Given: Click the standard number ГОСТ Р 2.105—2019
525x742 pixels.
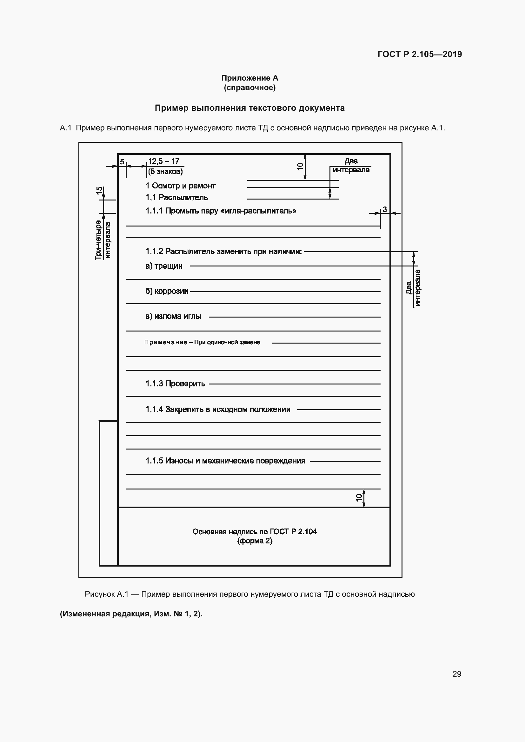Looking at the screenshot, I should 419,54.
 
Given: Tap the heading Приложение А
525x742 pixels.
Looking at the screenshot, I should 249,78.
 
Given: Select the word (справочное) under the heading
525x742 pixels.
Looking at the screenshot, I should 249,88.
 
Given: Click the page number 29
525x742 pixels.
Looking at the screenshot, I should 456,674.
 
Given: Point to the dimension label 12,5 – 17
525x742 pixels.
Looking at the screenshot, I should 163,161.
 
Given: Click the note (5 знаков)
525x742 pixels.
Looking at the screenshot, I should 165,171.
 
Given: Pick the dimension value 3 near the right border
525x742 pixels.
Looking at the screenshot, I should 385,209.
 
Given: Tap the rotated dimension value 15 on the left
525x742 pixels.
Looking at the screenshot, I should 99,190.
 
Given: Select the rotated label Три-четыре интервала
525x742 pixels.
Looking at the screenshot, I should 103,240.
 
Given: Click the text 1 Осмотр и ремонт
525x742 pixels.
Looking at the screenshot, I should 180,186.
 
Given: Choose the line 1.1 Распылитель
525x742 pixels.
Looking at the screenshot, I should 176,197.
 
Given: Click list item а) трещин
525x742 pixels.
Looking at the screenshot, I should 164,266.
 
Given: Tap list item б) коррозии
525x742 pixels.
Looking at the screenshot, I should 167,291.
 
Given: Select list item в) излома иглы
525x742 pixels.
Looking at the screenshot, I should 173,316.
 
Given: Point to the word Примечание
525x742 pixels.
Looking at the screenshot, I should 166,342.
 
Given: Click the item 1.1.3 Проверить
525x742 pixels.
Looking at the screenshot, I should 175,384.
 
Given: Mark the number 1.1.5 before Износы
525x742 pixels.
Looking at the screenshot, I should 154,461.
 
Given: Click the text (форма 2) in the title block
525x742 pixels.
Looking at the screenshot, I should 255,541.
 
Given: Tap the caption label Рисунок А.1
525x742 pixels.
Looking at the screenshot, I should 107,594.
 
